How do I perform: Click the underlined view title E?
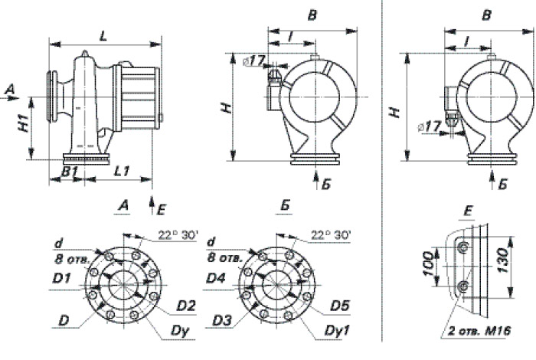[x=469, y=208]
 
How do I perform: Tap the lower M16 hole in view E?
[x=462, y=287]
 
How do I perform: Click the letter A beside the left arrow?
[x=9, y=90]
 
